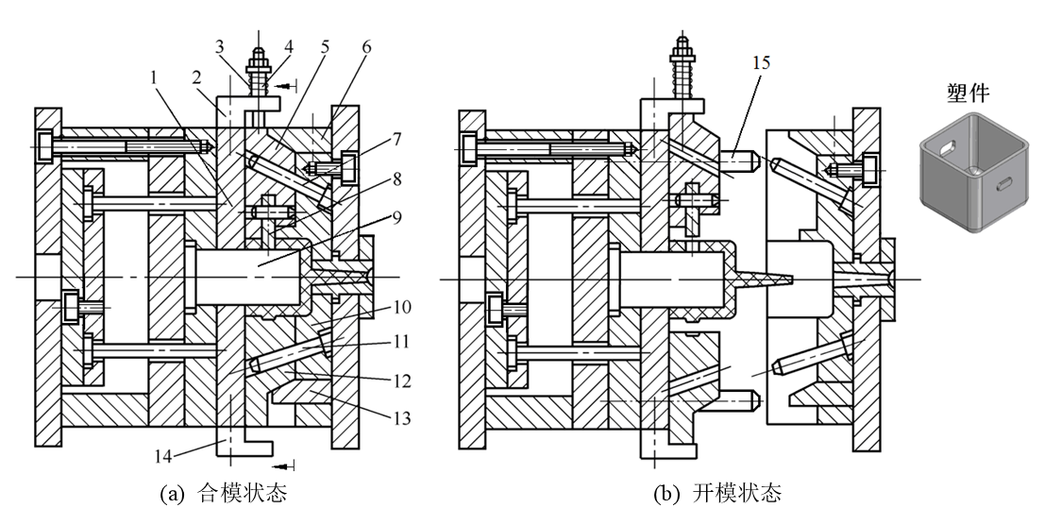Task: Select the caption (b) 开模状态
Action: (x=732, y=492)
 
